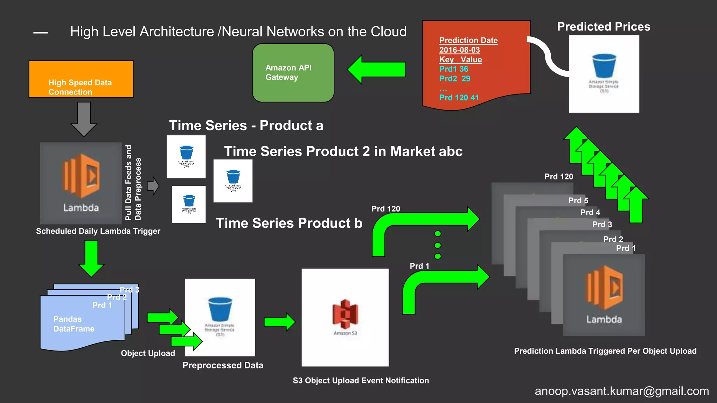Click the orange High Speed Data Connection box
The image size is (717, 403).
point(81,79)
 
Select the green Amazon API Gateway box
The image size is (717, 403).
point(293,73)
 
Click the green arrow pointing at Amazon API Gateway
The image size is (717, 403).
point(376,70)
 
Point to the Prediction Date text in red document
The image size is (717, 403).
point(468,40)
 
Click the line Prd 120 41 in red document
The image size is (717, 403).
point(459,98)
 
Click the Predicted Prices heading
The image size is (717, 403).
point(603,27)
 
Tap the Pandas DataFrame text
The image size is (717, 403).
point(74,324)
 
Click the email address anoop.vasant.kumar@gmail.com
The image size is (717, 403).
point(621,391)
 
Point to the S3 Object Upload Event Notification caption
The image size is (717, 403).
point(361,381)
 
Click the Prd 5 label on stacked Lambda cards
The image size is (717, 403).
point(578,200)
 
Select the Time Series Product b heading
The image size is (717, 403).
point(289,223)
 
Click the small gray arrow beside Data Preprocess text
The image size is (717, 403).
point(153,186)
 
